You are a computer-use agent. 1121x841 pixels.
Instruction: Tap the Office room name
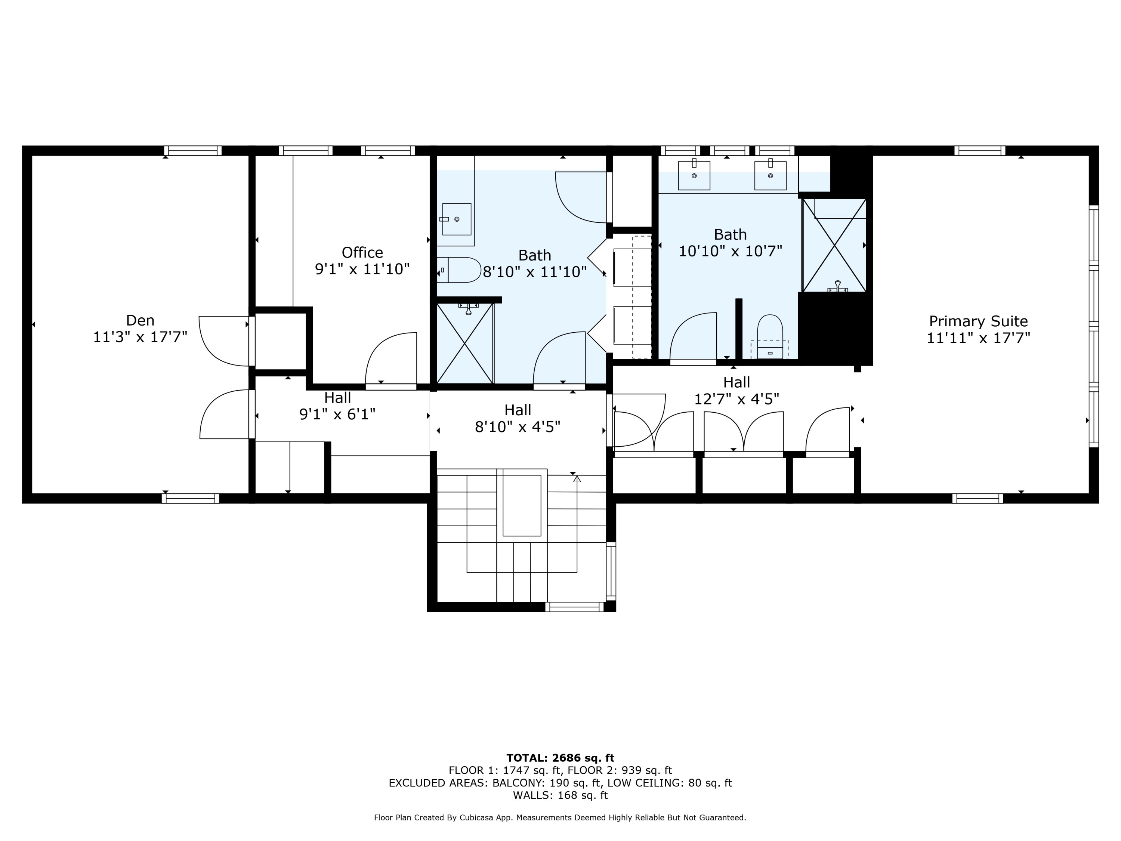tap(362, 252)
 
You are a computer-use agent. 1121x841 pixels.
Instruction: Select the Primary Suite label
tap(979, 321)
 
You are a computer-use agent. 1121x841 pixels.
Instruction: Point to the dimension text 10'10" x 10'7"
tap(730, 251)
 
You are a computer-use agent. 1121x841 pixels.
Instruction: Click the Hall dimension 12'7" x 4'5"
tap(736, 400)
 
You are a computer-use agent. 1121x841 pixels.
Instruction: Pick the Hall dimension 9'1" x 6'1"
tap(337, 414)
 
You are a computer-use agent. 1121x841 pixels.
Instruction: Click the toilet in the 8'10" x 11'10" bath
tap(459, 270)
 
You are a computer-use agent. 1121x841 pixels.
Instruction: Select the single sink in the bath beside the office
tap(457, 219)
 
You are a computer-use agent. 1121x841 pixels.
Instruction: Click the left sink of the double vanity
tap(694, 175)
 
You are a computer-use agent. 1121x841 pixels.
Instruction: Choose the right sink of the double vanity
tap(770, 175)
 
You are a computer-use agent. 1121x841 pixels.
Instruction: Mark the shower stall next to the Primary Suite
tap(834, 245)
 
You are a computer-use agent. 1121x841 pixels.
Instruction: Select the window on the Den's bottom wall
tap(191, 498)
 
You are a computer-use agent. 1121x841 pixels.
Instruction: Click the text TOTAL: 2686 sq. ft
tap(560, 758)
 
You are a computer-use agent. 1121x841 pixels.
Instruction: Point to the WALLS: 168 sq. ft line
tap(560, 795)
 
